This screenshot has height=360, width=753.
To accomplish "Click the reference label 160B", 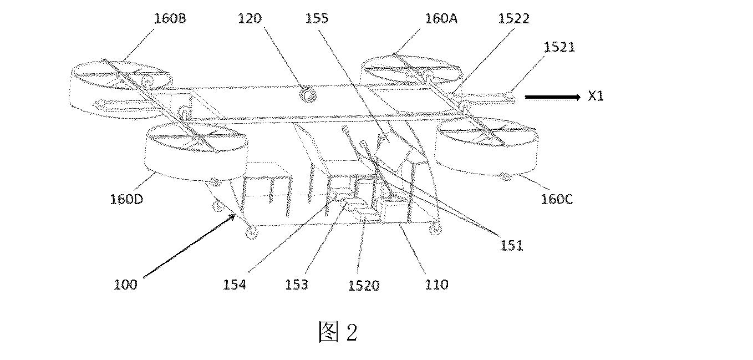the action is point(170,18).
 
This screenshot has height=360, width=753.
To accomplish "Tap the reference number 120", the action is point(250,18).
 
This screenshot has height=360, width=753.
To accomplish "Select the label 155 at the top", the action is point(317,18).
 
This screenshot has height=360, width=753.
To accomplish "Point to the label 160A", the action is point(441,18).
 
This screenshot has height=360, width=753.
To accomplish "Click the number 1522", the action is point(513,18).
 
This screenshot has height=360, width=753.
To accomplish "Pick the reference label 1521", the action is point(559,47).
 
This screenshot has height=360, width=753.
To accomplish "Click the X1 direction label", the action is point(596,96).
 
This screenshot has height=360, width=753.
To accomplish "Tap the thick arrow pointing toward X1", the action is point(553,98).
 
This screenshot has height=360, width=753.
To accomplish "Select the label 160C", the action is point(557,199).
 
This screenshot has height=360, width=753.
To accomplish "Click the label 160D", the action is point(126,199).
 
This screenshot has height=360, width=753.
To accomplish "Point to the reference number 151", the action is point(512,245).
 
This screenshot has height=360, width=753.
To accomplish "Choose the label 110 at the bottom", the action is point(437,285).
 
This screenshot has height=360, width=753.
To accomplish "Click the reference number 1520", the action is point(364,286).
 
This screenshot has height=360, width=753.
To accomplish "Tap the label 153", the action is point(297,285).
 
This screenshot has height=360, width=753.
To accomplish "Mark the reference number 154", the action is point(235,285).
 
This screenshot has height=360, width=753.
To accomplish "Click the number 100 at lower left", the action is point(126,285).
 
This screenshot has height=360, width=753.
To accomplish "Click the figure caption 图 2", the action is point(338,332).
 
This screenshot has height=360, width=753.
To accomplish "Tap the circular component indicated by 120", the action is point(308,95).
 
